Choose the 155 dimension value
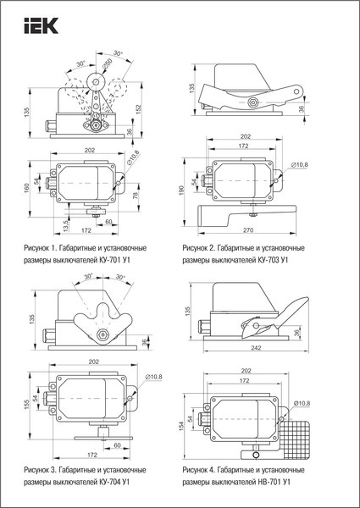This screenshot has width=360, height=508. [x=26, y=406]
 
